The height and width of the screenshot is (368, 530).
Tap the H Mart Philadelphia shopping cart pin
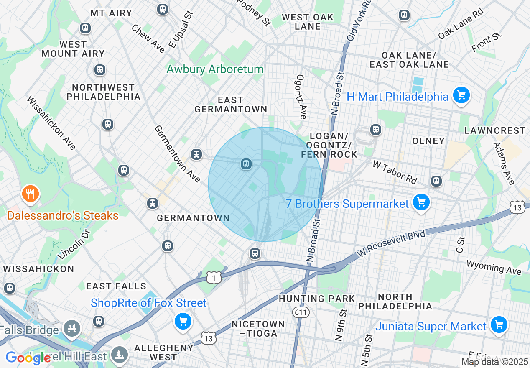(461, 96)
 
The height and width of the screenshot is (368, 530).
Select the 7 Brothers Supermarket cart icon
(421, 203)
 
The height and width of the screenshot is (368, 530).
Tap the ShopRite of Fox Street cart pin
(183, 321)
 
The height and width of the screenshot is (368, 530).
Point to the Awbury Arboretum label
(215, 69)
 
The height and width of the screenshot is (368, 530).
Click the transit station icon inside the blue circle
(246, 164)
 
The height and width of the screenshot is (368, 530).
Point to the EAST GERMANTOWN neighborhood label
(231, 105)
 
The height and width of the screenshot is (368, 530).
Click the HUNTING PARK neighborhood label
(317, 299)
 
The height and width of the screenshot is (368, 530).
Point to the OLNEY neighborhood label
(428, 141)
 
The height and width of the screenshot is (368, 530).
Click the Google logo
(28, 358)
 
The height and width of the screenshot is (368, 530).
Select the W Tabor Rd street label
(395, 172)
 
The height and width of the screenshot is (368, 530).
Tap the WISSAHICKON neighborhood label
(38, 269)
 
